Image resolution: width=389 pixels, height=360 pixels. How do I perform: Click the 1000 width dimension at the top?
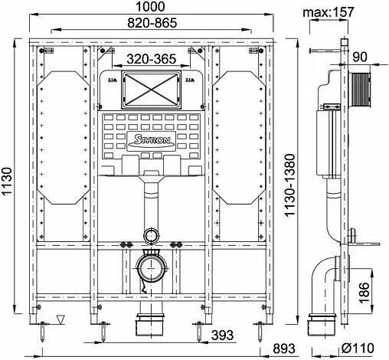pyautogui.click(x=150, y=7)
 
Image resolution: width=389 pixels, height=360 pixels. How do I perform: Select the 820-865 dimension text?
pyautogui.click(x=152, y=23)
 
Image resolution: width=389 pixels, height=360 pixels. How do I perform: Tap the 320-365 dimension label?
pyautogui.click(x=152, y=59)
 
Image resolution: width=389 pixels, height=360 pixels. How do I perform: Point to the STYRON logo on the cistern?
pyautogui.click(x=152, y=141)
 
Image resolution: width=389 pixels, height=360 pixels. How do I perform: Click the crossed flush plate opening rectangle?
pyautogui.click(x=152, y=90)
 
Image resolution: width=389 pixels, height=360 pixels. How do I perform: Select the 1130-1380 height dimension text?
pyautogui.click(x=290, y=185)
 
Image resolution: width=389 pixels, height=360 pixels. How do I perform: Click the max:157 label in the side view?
pyautogui.click(x=329, y=12)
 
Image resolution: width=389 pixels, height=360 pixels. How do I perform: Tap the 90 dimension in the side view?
pyautogui.click(x=360, y=57)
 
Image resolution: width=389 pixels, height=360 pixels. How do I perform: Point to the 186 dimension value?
pyautogui.click(x=364, y=293)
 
